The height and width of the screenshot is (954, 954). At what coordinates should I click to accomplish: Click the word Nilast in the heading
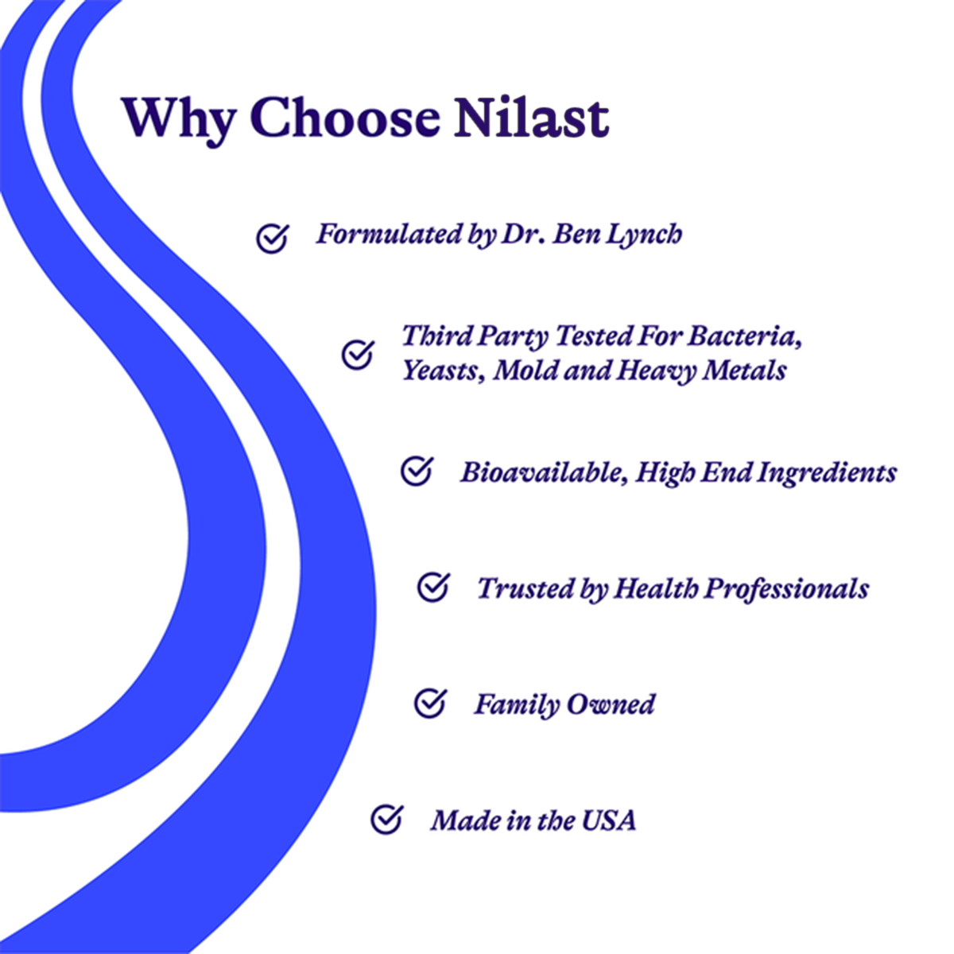pos(532,118)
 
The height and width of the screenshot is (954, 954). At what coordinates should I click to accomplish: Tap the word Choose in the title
pos(346,118)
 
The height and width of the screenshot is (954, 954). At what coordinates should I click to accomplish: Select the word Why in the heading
pos(178,122)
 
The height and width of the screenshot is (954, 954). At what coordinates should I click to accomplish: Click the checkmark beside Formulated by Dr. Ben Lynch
pos(273,238)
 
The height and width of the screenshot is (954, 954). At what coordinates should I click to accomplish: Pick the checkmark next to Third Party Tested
pos(358,354)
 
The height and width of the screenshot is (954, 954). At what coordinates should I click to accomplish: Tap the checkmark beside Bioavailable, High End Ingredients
pos(417,471)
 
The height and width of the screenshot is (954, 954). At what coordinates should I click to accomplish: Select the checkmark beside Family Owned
pos(430,703)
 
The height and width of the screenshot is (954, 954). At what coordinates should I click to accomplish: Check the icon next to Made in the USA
pos(387,820)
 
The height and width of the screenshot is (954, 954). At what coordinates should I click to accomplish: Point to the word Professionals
pos(787,589)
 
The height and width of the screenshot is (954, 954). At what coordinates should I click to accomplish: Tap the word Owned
pos(610,704)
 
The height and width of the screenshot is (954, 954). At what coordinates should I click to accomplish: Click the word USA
pos(608,820)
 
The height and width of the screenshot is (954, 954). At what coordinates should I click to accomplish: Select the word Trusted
pos(519,589)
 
